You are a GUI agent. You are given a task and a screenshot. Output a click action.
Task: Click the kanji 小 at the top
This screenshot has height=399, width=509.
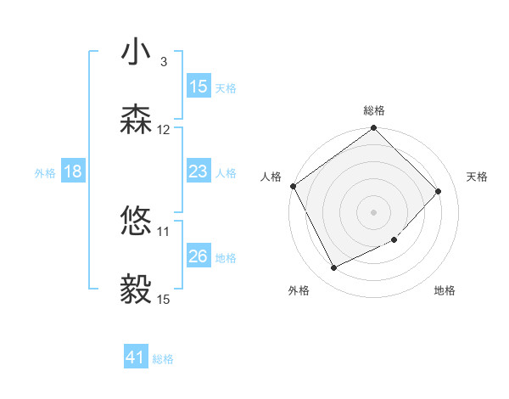[x=136, y=53]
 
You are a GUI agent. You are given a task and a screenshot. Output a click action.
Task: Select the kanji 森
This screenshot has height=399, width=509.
[x=136, y=121]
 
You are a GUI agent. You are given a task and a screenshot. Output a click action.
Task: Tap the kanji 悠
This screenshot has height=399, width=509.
[x=136, y=222]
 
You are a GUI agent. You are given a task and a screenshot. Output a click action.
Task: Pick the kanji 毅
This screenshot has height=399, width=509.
[x=136, y=289]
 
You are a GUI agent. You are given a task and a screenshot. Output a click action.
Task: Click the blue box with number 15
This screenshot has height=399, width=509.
[x=198, y=87]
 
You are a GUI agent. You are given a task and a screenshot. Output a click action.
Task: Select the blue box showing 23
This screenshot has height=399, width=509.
[x=198, y=171]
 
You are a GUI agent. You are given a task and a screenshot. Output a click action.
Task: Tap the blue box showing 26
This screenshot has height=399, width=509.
[x=198, y=256]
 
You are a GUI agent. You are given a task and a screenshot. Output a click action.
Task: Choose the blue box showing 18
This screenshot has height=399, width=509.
[x=72, y=171]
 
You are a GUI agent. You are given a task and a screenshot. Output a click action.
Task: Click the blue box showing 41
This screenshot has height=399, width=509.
[x=136, y=358]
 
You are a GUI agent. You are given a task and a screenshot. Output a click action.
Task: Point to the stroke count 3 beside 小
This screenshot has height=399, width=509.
[x=163, y=62]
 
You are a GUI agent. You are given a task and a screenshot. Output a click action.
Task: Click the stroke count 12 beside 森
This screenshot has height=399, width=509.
[x=164, y=130]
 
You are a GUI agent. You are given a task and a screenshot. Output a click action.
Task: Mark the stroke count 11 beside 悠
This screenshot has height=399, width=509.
[x=164, y=231]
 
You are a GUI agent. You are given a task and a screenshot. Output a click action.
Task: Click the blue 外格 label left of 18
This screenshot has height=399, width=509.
[x=45, y=172]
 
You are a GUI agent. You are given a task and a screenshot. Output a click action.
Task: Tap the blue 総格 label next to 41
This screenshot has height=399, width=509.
[x=163, y=359]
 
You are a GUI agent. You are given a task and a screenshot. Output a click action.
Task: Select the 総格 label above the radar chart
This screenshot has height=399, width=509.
[x=373, y=110]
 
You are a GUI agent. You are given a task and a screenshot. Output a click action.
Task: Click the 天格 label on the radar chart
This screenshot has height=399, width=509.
[x=477, y=177]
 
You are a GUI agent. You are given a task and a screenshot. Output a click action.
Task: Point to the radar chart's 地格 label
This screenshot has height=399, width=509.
[x=445, y=290]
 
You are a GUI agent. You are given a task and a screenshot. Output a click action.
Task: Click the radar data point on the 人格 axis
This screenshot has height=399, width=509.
[x=293, y=186]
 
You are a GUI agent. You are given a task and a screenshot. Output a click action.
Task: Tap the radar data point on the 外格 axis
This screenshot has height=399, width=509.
[x=333, y=268]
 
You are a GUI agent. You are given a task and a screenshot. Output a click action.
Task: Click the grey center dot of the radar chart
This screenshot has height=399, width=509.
[x=373, y=211]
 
